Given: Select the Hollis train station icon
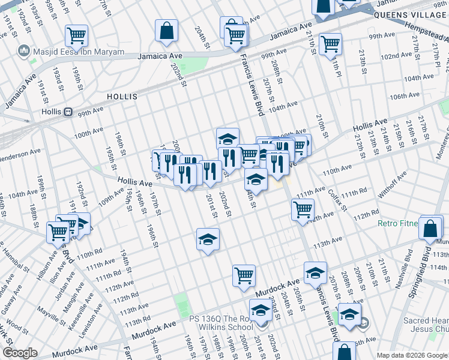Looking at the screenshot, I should [68, 112].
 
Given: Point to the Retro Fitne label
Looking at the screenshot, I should [397, 224].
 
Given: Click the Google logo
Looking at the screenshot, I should [20, 353].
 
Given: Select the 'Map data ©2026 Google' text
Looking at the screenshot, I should [412, 355].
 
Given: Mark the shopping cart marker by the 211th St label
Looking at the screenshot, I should [330, 44].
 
